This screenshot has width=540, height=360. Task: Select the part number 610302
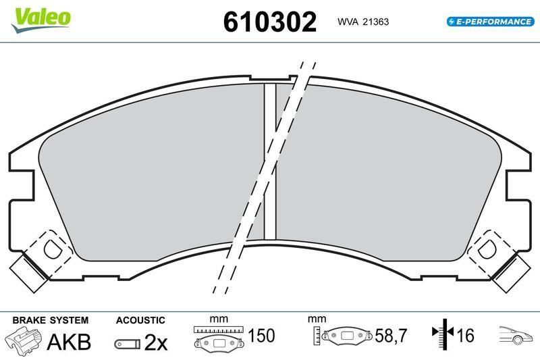point(270,22)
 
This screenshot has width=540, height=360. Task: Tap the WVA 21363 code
point(363,22)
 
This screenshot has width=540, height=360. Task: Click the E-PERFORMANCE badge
point(490,22)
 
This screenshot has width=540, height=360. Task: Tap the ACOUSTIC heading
point(140,320)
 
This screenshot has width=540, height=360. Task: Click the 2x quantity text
point(155,343)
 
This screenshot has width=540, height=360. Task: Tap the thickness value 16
point(464,336)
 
